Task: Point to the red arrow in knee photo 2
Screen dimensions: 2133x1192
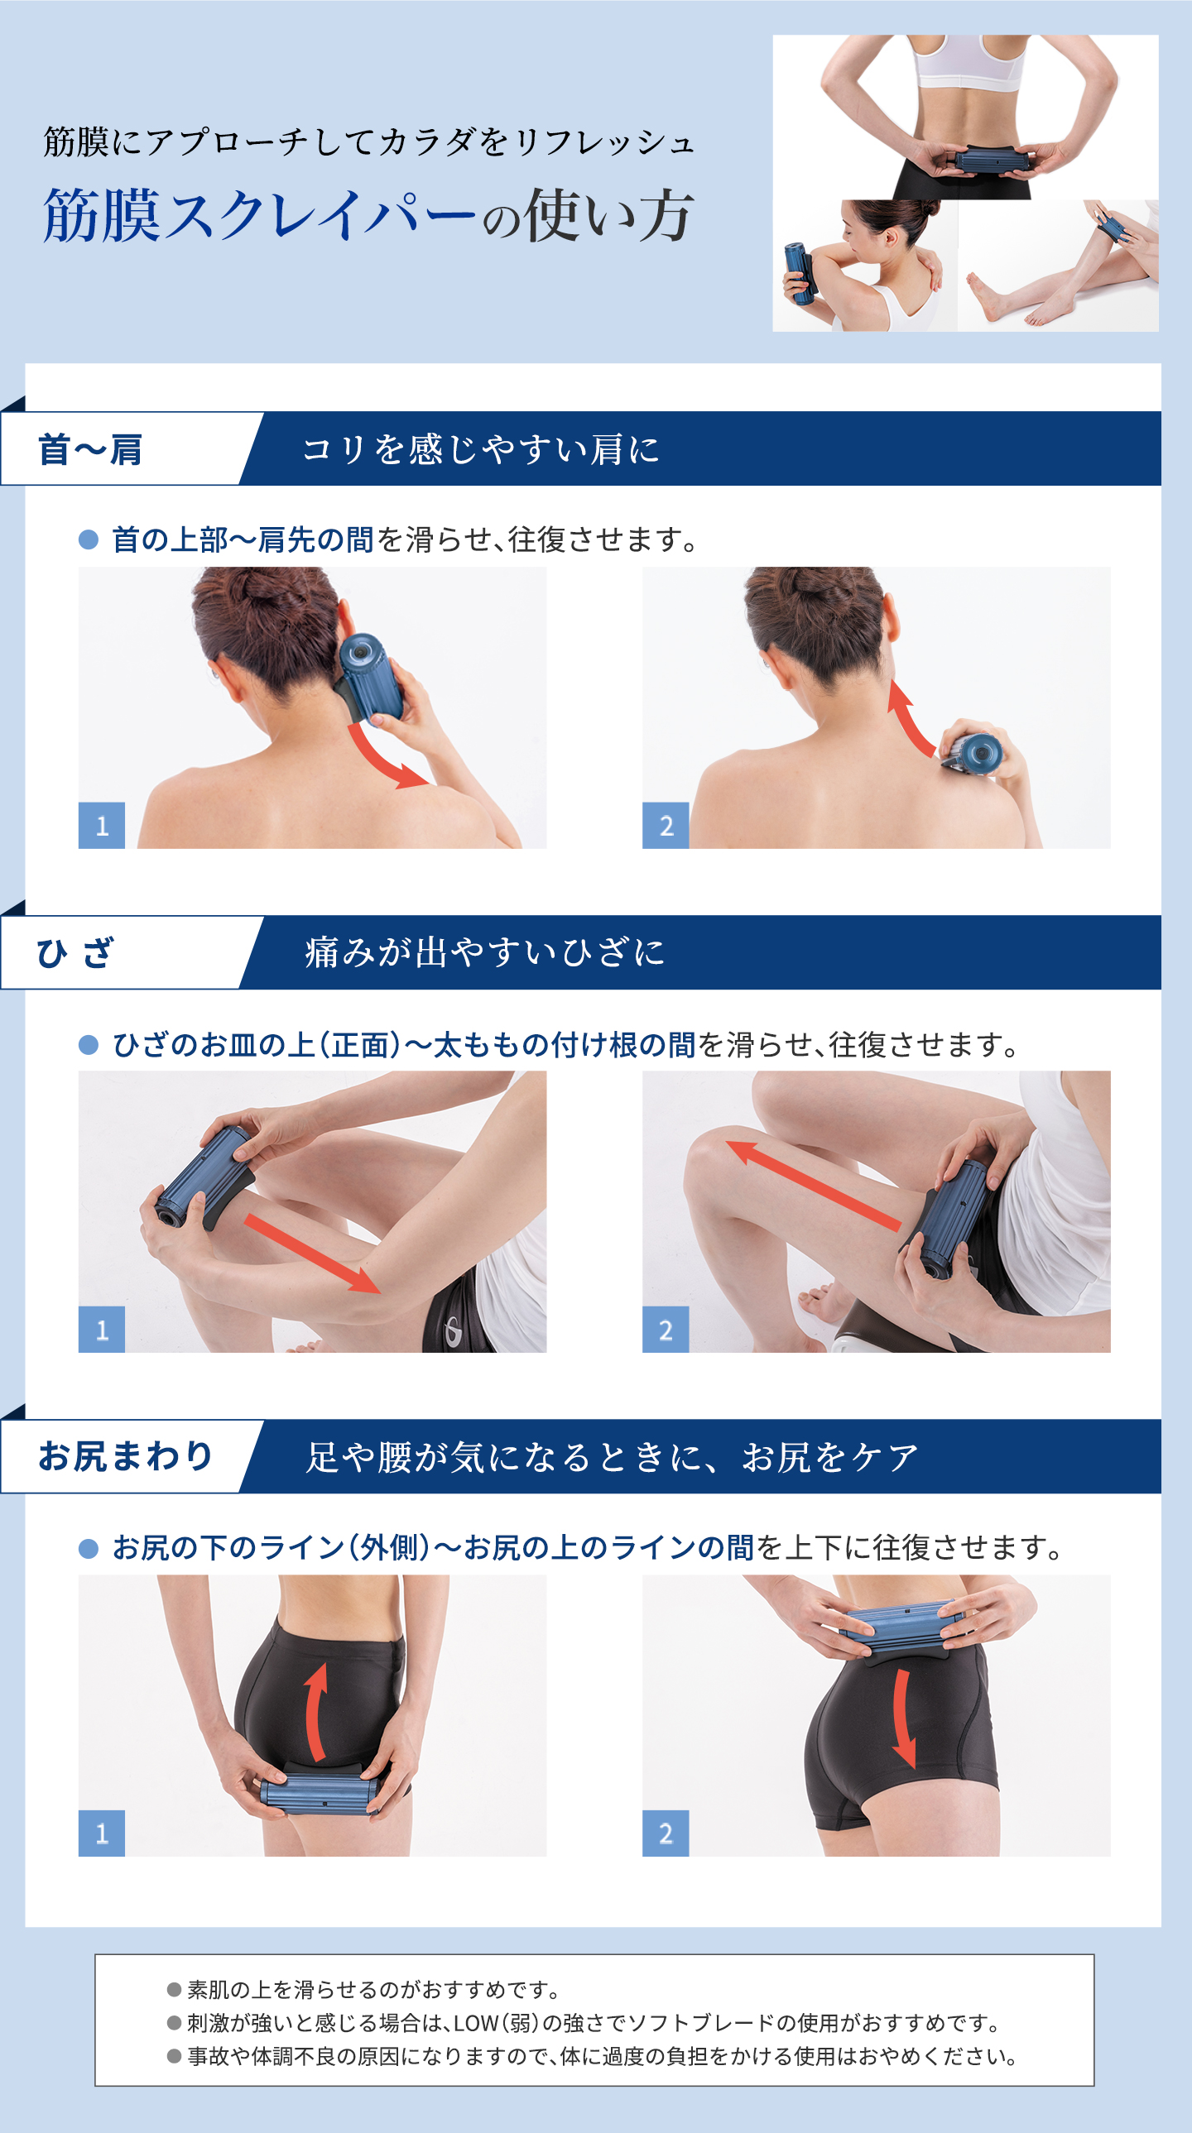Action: tap(812, 1184)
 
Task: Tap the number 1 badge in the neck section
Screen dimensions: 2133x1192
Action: tap(102, 825)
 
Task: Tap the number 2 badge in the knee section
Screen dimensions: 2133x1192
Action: tap(666, 1330)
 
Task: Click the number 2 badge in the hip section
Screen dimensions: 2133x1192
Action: tap(666, 1833)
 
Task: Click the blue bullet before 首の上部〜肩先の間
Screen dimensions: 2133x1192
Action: tap(88, 540)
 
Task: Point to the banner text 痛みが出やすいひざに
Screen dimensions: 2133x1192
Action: tap(484, 953)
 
